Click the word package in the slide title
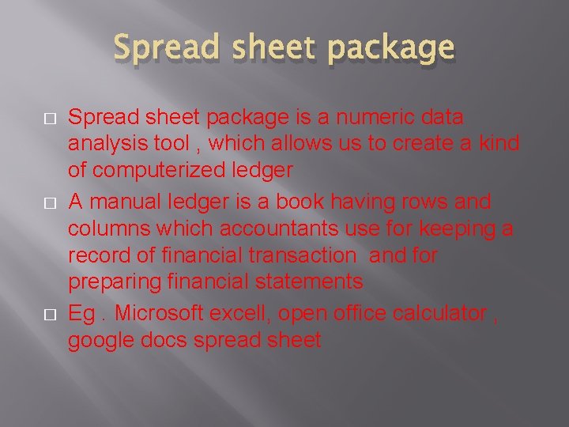390,48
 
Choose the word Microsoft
159,312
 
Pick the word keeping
462,229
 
